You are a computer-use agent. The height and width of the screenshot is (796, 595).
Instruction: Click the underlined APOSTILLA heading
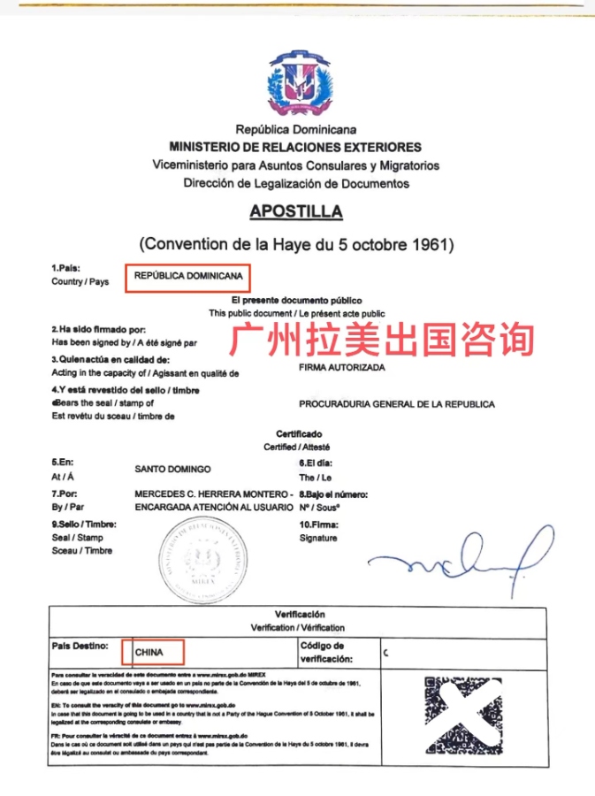click(x=296, y=212)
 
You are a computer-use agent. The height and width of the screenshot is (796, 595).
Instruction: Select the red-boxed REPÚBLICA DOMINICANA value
click(x=188, y=276)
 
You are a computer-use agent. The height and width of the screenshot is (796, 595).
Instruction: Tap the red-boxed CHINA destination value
click(x=152, y=653)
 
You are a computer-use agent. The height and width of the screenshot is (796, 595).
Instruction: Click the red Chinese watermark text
click(x=382, y=341)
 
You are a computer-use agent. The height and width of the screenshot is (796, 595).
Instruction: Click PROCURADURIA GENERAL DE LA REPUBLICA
click(x=397, y=404)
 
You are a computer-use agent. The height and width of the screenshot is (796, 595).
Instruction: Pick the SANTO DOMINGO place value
click(x=172, y=469)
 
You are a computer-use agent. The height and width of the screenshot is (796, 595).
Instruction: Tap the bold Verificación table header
click(x=300, y=614)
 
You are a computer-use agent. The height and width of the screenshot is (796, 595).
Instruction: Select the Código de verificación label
click(x=326, y=653)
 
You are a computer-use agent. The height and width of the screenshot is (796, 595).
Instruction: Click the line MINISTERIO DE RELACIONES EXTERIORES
click(x=295, y=147)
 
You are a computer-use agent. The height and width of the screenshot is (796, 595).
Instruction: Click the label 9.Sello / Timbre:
click(x=84, y=524)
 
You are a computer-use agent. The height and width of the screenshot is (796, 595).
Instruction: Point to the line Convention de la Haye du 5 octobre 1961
click(x=296, y=243)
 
